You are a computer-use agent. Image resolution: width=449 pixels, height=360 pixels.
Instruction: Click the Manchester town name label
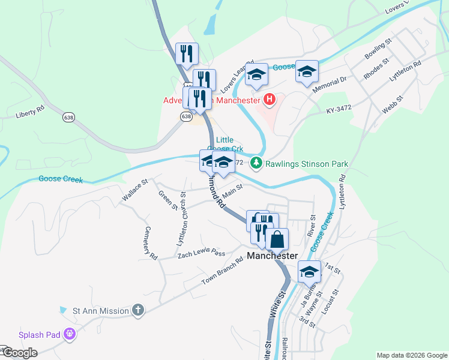[x=273, y=256]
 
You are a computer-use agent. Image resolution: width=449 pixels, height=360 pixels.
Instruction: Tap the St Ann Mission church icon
[x=138, y=310]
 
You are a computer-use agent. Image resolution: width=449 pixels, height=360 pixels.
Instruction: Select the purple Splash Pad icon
[x=70, y=334]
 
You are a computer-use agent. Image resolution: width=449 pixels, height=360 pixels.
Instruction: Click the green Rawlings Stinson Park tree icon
[x=256, y=163]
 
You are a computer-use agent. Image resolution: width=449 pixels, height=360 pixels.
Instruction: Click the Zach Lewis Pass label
[x=201, y=254]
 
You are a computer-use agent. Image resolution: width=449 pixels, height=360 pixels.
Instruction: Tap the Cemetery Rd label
[x=151, y=243]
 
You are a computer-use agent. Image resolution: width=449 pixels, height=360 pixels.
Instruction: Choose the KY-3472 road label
[x=339, y=110]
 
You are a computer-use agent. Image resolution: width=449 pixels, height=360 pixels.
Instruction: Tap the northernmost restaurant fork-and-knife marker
[x=186, y=53]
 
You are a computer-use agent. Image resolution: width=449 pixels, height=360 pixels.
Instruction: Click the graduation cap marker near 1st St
[x=310, y=271]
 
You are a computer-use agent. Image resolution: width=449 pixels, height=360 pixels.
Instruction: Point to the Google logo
[x=20, y=353]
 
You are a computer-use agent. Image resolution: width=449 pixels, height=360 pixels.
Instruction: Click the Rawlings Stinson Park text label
[x=307, y=163]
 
